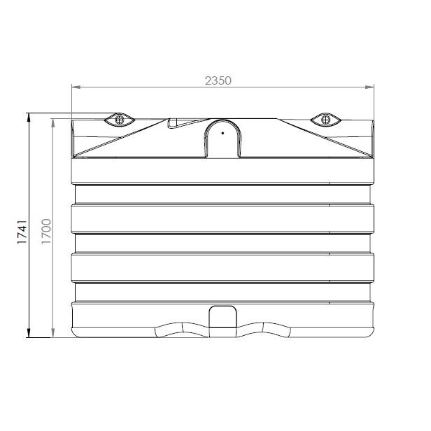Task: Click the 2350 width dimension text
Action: pyautogui.click(x=218, y=80)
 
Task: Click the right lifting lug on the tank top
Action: pyautogui.click(x=325, y=120)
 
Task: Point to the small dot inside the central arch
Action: pyautogui.click(x=222, y=131)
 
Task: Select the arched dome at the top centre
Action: pyautogui.click(x=222, y=137)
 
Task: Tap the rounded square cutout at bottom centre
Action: pyautogui.click(x=222, y=317)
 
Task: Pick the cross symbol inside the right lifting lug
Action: pyautogui.click(x=325, y=120)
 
